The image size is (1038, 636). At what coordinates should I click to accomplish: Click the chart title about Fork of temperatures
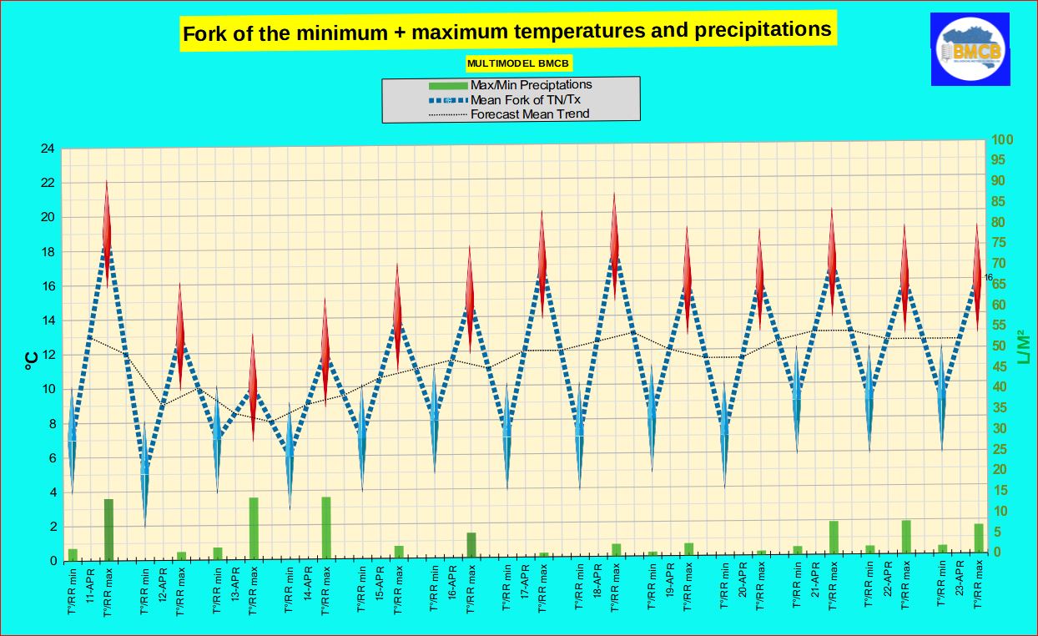point(507,32)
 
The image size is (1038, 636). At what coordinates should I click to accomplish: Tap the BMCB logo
point(970,50)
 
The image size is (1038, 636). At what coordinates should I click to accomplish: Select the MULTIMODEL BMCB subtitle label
point(519,63)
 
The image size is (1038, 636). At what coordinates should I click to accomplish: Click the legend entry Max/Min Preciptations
point(531,84)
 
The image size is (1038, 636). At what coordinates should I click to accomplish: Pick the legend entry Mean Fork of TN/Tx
point(525,99)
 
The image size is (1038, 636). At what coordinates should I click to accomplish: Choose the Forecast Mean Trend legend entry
point(530,114)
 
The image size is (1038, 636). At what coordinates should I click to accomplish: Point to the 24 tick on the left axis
point(48,149)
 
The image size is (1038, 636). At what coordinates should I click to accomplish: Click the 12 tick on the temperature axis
point(48,355)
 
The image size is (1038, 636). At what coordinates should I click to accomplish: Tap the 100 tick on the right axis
point(1000,139)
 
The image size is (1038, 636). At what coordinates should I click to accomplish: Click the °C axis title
point(30,360)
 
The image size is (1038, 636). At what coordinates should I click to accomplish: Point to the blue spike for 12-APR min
point(144,476)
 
